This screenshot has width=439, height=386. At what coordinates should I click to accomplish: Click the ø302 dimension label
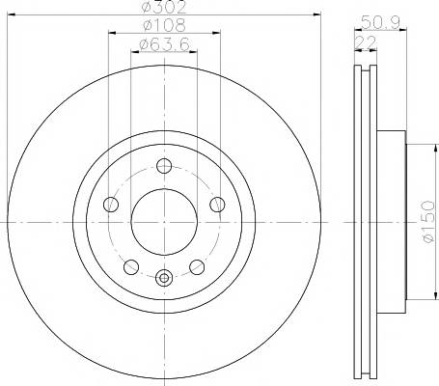tap(164, 7)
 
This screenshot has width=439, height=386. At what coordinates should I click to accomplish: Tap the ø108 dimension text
tap(164, 25)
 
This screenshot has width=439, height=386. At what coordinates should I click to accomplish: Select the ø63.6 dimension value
tap(164, 44)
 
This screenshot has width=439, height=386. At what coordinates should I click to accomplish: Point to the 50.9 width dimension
tap(380, 22)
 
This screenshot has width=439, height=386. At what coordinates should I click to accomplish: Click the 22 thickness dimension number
tap(366, 42)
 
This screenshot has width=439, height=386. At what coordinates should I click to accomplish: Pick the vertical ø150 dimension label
tap(428, 221)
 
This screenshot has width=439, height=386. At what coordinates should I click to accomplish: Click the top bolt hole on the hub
tap(164, 166)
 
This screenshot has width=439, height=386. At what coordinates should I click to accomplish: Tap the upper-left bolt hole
tap(111, 205)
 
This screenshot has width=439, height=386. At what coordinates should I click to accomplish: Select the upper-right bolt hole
tap(217, 205)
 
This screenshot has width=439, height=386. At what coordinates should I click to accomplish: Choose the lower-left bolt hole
tap(131, 267)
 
